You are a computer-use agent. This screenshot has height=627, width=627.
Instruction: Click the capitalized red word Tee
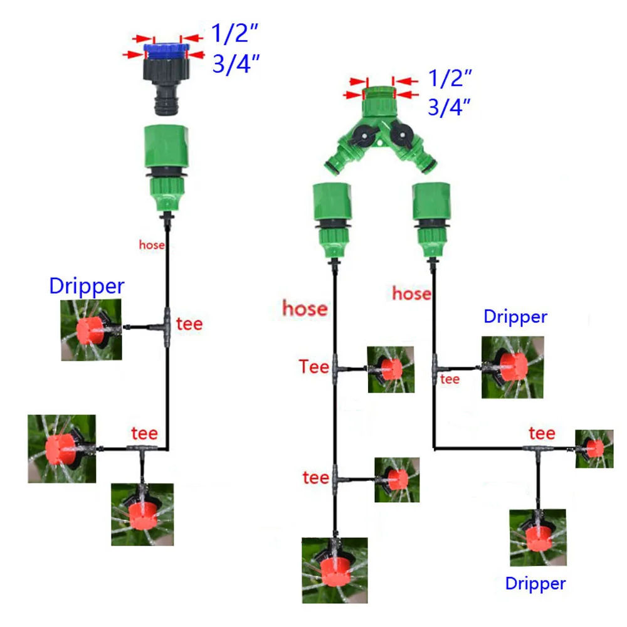(x=314, y=366)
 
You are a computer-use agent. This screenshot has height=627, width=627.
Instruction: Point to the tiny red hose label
(x=152, y=246)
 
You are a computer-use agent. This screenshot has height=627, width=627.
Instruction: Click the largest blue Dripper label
(x=87, y=286)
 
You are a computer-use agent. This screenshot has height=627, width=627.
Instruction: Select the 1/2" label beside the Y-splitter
(x=449, y=78)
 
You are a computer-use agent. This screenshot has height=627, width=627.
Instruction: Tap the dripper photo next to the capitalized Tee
(x=391, y=369)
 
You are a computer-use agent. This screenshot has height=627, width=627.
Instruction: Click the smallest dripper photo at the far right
(x=594, y=448)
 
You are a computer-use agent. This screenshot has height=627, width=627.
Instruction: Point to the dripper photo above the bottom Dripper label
(x=537, y=537)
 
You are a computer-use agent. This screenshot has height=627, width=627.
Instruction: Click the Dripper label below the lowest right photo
(x=535, y=584)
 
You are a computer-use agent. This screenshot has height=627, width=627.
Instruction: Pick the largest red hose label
(x=305, y=308)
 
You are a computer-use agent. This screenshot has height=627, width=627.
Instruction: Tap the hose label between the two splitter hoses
(x=411, y=293)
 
